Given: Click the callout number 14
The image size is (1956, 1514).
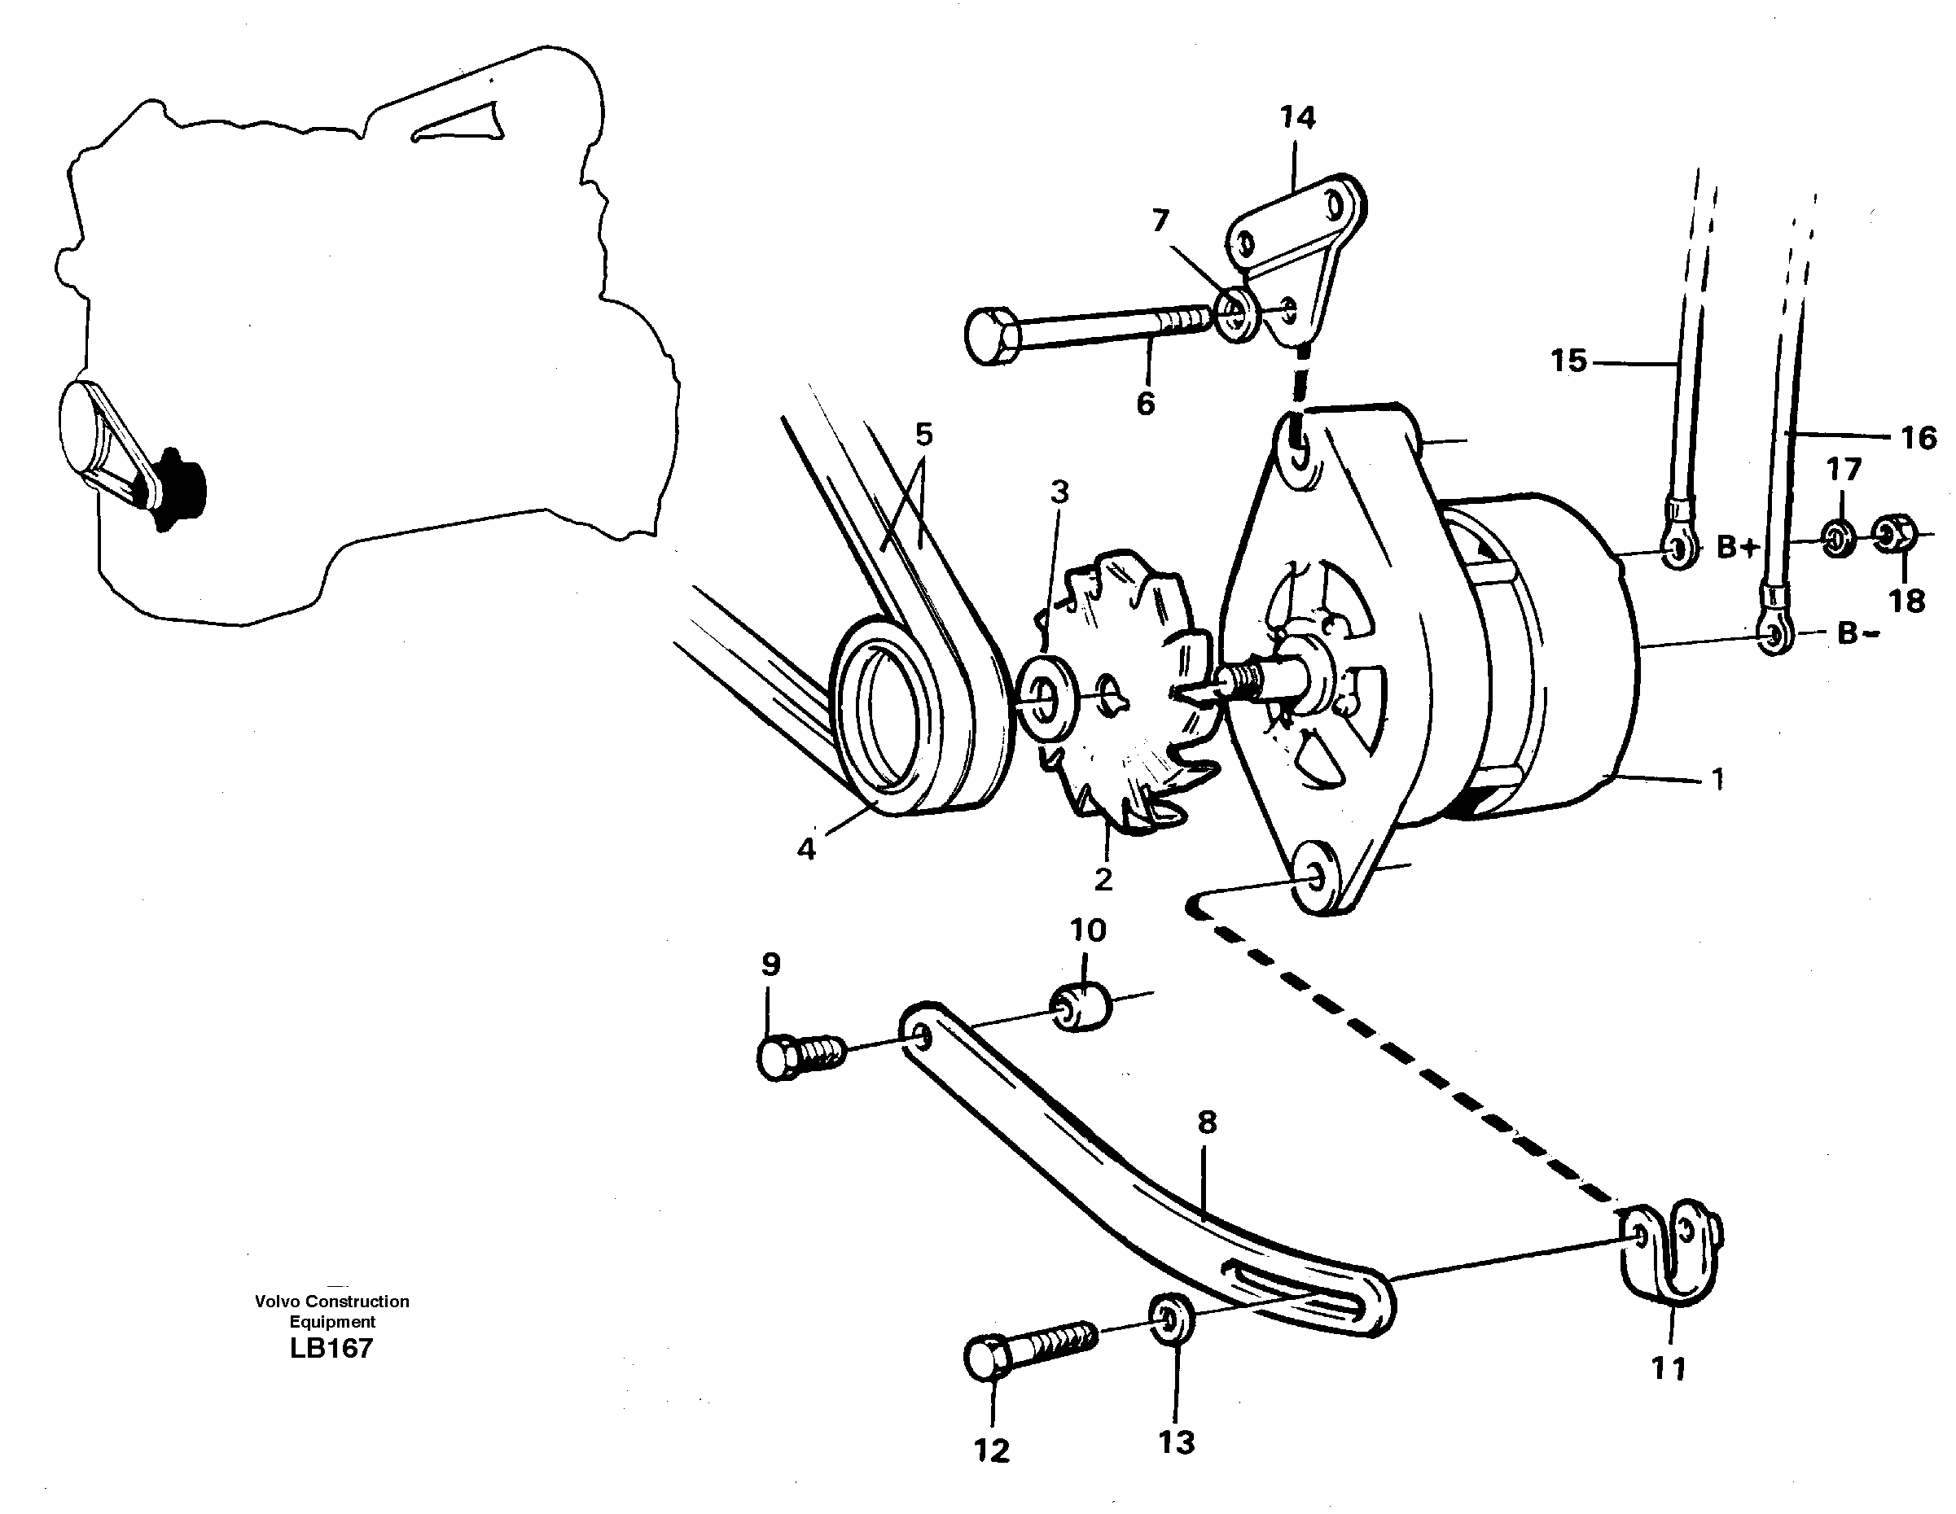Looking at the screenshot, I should coord(1297,118).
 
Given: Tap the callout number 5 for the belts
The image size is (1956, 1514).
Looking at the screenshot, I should coord(923,435).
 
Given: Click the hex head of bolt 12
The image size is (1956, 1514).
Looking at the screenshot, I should coord(988,1358).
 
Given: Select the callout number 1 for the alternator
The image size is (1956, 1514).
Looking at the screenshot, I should coord(1717,780).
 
